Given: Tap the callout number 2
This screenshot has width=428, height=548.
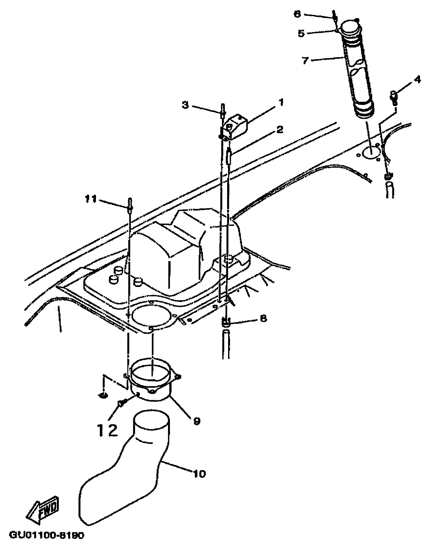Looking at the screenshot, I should tap(280, 130).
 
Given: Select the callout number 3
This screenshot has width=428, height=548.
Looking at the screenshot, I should tap(185, 105).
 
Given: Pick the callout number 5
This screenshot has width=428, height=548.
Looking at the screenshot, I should tap(301, 33).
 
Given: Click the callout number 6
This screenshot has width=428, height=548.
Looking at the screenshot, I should tap(298, 14).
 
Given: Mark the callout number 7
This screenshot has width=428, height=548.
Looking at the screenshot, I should tap(305, 60).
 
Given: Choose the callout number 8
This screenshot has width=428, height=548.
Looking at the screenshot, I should tap(263, 318).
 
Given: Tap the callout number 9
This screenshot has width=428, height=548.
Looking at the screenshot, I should tap(197, 420).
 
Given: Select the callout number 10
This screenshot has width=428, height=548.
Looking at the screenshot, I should tap(199, 474).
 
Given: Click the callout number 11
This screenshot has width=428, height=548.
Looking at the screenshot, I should tap(90, 199).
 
